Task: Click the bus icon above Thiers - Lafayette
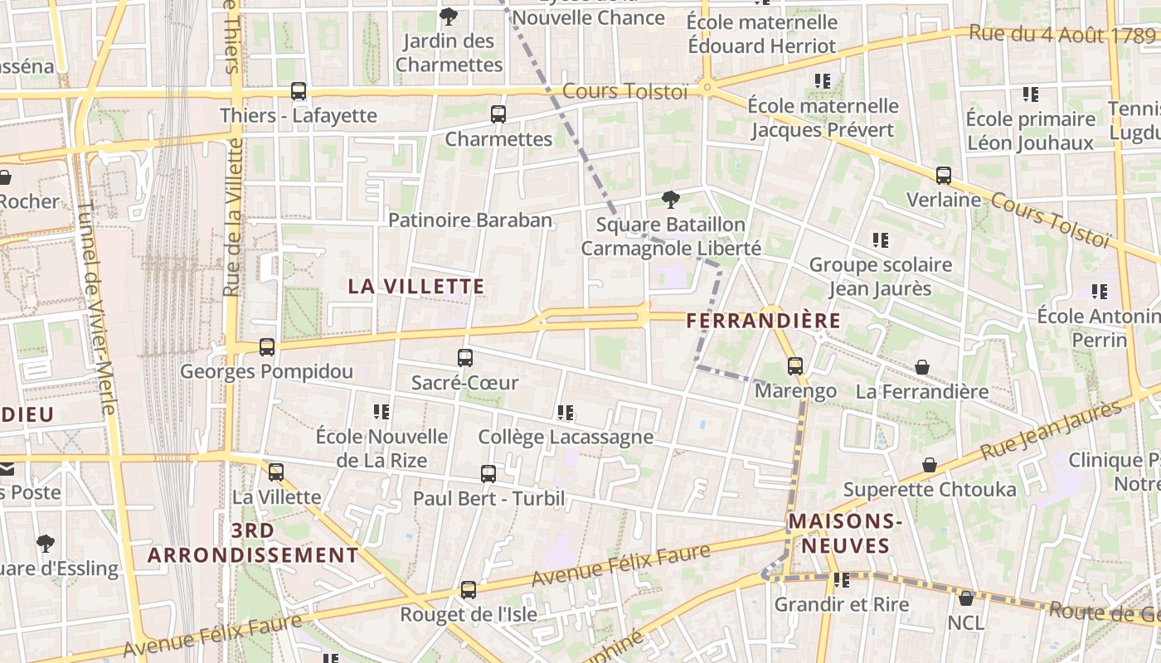click(x=299, y=91)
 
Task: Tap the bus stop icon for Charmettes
click(x=498, y=114)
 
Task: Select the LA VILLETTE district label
click(x=416, y=287)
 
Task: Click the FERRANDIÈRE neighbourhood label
click(x=764, y=321)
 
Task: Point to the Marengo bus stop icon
click(x=795, y=365)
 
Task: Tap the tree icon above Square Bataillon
click(x=670, y=200)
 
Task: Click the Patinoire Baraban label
click(x=470, y=220)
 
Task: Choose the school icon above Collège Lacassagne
click(x=566, y=412)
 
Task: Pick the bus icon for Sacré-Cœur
click(x=465, y=358)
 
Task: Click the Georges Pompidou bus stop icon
click(x=267, y=347)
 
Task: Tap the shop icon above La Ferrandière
click(x=922, y=367)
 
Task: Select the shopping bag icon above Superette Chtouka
click(x=930, y=466)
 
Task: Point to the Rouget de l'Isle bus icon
click(x=469, y=590)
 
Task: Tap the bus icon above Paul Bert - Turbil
click(x=488, y=474)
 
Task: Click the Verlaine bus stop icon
click(x=944, y=176)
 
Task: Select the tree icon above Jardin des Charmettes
click(x=449, y=16)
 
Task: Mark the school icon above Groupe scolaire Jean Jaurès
click(x=881, y=240)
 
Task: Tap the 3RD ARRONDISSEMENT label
click(x=254, y=543)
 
